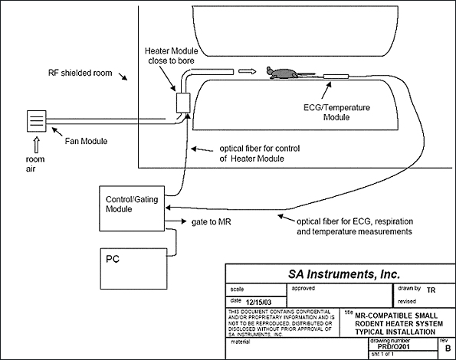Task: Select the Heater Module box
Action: [x=183, y=103]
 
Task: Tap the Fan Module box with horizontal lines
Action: [x=37, y=121]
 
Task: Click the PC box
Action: [x=134, y=269]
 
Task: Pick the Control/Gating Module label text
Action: [x=132, y=204]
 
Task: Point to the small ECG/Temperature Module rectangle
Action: [x=336, y=77]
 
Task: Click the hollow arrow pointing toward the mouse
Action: [x=248, y=71]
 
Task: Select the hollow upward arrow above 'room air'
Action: [x=37, y=145]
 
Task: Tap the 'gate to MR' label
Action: [x=211, y=222]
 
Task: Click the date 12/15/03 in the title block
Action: [x=258, y=303]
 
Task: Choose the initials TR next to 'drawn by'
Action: [x=431, y=290]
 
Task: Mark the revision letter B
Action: [x=448, y=348]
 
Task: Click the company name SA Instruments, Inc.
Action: [x=344, y=274]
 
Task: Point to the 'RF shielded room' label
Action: [x=80, y=73]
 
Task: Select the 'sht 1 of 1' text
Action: [x=382, y=354]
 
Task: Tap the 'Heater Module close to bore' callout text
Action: [x=172, y=55]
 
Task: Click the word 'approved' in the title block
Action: [x=303, y=288]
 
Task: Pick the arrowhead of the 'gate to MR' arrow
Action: [x=184, y=221]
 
